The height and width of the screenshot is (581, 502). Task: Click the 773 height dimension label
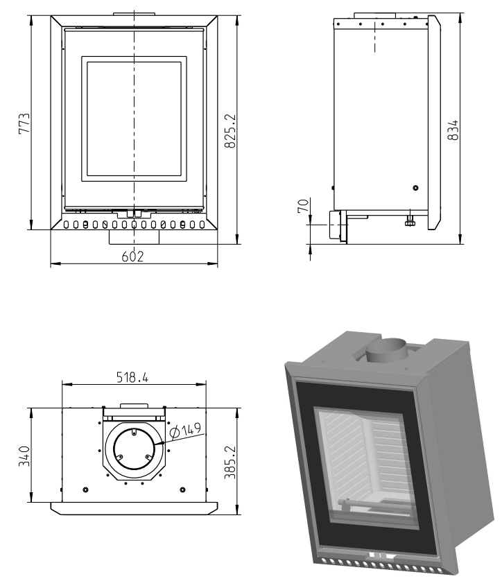(x=23, y=125)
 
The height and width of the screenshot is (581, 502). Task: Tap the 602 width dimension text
(x=132, y=257)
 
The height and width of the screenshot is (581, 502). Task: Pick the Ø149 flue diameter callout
(x=184, y=431)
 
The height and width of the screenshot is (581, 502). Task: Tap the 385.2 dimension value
(x=232, y=463)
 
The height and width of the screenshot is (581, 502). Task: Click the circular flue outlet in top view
(x=134, y=449)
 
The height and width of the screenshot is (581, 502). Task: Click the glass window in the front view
(x=135, y=119)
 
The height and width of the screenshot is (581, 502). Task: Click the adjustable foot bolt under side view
(x=410, y=220)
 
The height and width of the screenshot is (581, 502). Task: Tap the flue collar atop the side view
(x=375, y=15)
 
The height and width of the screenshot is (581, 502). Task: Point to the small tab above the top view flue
(x=133, y=406)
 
